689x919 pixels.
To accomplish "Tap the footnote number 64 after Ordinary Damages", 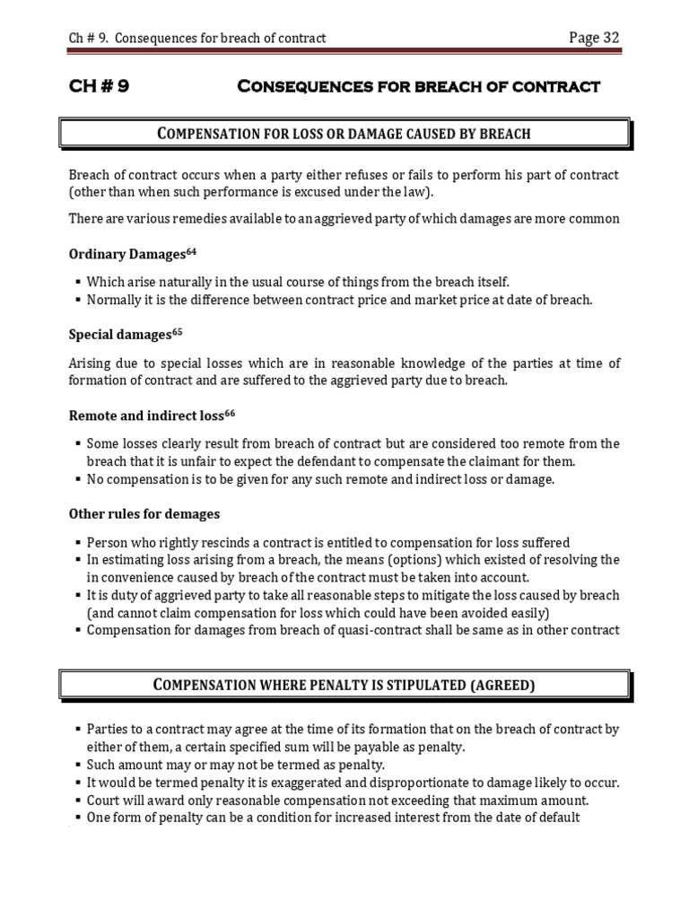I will pos(191,249).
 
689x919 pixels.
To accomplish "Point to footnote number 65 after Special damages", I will pos(178,330).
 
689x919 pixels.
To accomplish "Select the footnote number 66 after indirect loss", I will pos(230,411).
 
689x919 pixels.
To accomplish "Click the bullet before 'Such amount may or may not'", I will pos(80,765).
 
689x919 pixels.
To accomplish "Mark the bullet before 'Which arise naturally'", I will pos(80,282).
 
